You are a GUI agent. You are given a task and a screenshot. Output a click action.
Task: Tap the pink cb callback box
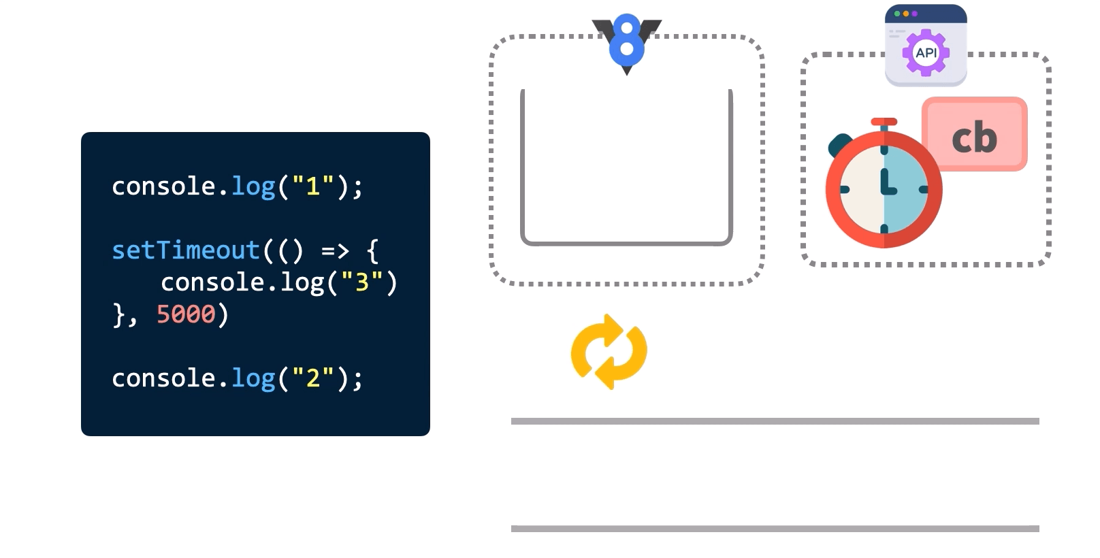coord(975,135)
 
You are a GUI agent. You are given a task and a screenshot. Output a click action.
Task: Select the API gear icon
coord(926,52)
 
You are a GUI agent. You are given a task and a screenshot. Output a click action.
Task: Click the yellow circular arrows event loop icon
coord(609,352)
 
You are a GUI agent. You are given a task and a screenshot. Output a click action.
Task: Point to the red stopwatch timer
coord(884,189)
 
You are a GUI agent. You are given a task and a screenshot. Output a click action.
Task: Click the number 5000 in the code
coord(186,314)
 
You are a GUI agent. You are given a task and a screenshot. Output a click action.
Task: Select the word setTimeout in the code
coord(186,250)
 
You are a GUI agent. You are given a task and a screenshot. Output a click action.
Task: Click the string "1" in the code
coord(313,186)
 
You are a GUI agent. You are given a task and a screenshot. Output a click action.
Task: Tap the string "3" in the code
coord(362,282)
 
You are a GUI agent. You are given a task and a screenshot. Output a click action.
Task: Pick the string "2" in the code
coord(313,378)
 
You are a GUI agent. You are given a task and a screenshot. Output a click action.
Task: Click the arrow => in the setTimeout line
coord(335,251)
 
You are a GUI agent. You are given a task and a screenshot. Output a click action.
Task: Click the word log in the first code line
coord(253,186)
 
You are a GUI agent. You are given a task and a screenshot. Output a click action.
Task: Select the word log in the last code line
coord(253,378)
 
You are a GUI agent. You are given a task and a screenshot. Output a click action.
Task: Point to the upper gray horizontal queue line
coord(775,421)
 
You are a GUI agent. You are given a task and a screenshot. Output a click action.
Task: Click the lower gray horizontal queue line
coord(775,529)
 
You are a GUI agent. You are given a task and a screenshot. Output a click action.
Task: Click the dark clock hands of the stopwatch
coord(887,184)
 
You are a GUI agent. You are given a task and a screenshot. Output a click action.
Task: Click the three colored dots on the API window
coord(905,14)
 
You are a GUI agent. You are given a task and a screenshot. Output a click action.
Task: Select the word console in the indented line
coord(212,282)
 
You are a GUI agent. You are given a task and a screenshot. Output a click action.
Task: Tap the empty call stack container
coord(626,167)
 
